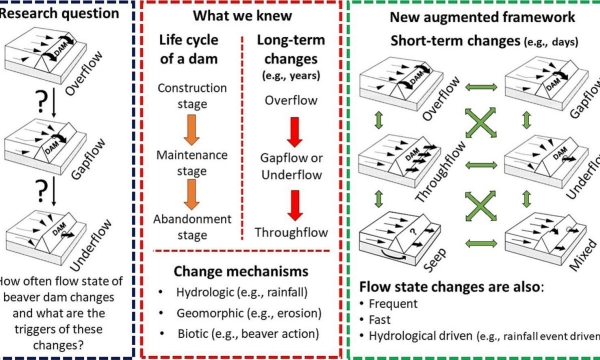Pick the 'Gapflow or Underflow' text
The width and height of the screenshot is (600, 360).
[x=293, y=164]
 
